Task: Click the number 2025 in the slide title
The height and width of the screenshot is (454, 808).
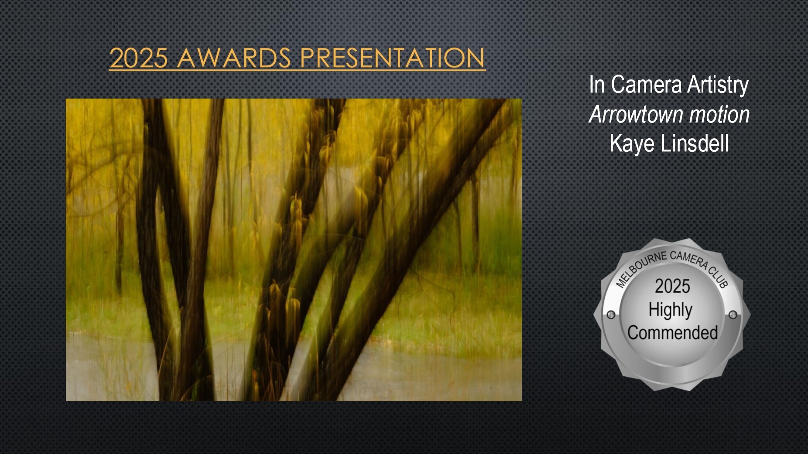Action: tap(139, 58)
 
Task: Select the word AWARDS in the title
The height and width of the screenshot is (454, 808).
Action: tap(234, 58)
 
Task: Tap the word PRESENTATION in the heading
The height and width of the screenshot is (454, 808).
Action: tap(393, 58)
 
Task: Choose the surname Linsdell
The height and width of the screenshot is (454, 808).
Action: tap(695, 143)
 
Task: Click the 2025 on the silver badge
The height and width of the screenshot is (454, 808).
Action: tap(672, 287)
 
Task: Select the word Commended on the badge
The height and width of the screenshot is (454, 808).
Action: tap(672, 333)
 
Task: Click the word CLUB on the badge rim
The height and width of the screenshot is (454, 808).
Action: tap(719, 277)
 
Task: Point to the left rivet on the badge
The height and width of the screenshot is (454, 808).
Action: tap(611, 315)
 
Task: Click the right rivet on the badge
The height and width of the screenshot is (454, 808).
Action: tap(733, 315)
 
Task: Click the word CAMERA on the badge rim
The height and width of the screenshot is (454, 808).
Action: tap(689, 259)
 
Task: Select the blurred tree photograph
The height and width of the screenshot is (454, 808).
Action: tap(294, 250)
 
